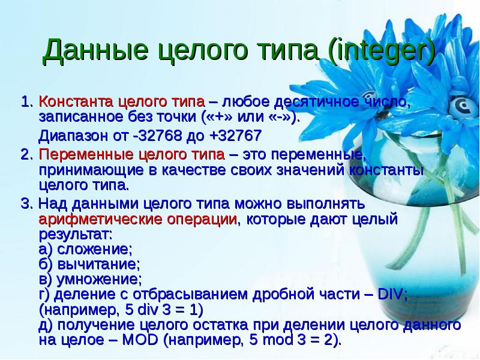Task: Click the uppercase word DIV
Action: [x=392, y=295]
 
